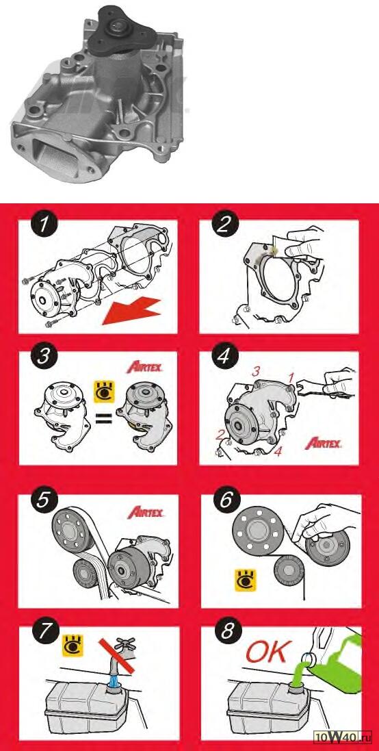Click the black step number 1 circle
coord(44,226)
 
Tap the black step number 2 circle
coord(225,226)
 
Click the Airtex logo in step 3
coord(144,368)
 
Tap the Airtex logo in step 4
coord(324,443)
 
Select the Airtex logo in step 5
coord(146,513)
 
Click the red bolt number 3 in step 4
coord(257,372)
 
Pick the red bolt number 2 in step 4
coord(220,435)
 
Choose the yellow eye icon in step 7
coord(73,644)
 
